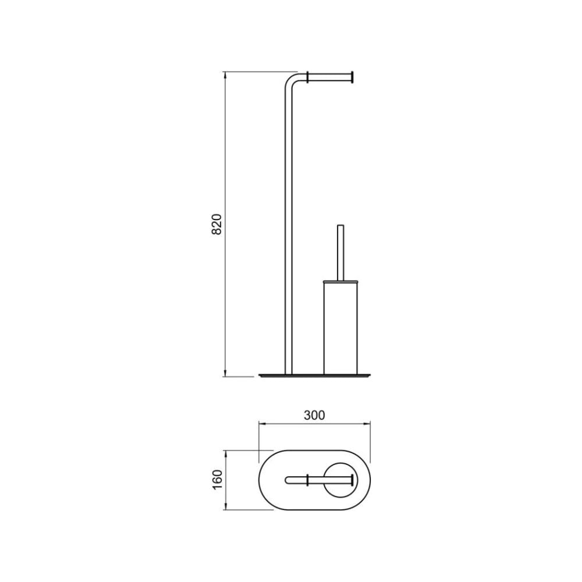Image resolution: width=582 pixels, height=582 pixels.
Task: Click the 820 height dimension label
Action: (x=216, y=224)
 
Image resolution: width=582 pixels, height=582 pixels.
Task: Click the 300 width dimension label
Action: (x=314, y=415)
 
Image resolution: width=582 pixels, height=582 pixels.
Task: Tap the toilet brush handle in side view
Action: (x=340, y=253)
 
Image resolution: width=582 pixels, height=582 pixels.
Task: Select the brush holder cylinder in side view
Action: (x=340, y=329)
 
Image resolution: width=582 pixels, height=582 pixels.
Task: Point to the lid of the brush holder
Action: (x=340, y=282)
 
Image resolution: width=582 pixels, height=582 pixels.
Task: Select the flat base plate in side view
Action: (x=314, y=375)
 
